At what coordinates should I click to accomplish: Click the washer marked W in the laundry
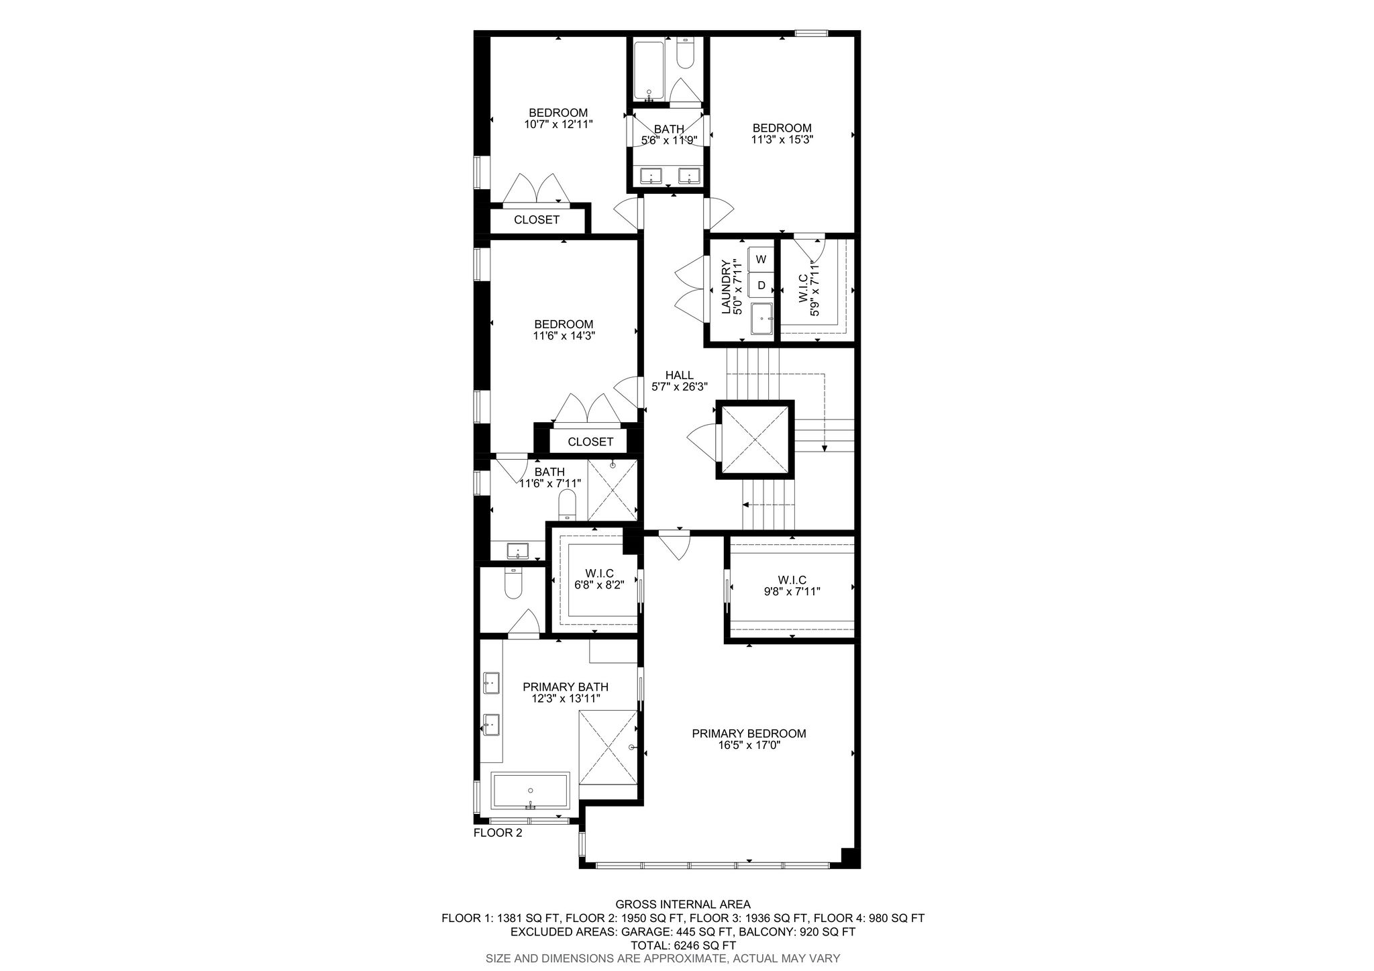click(x=761, y=259)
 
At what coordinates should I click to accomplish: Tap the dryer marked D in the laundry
click(x=761, y=285)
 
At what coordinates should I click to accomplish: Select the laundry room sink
click(x=761, y=318)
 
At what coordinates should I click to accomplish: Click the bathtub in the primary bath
click(x=530, y=791)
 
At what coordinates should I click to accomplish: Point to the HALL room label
click(x=679, y=375)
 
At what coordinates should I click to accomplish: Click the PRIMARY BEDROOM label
click(x=749, y=733)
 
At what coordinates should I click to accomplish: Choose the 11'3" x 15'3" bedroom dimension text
click(x=782, y=140)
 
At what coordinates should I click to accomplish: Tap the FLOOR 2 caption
click(x=498, y=833)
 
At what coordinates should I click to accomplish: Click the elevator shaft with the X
click(x=755, y=440)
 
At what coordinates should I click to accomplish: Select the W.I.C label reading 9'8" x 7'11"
click(x=792, y=591)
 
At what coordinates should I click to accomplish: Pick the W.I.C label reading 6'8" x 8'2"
click(x=599, y=584)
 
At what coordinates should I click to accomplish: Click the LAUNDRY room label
click(x=726, y=287)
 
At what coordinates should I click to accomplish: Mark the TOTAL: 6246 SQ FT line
click(x=683, y=946)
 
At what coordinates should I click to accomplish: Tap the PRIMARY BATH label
click(x=566, y=686)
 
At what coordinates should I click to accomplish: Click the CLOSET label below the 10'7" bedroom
click(x=537, y=219)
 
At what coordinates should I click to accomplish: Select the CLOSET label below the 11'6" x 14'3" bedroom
click(x=590, y=442)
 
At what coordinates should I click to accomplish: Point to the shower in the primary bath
click(x=608, y=746)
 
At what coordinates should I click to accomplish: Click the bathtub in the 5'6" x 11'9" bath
click(x=649, y=70)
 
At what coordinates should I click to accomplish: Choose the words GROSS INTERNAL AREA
click(x=683, y=905)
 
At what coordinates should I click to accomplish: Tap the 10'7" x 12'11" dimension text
click(x=559, y=124)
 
